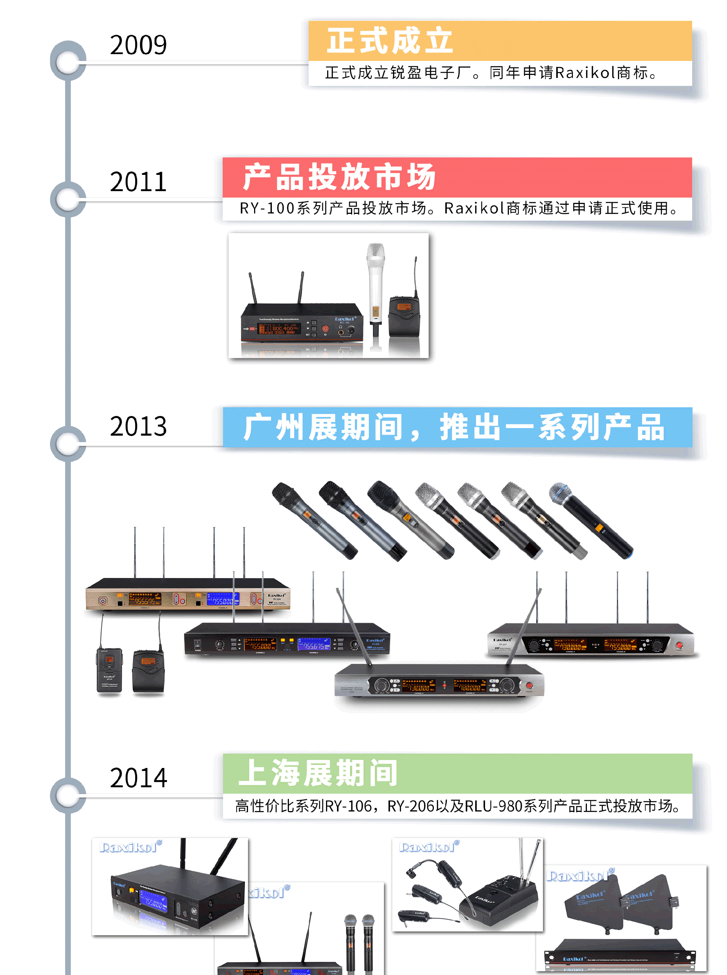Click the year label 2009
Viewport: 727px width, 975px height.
pos(138,45)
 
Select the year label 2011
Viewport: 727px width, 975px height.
pos(138,182)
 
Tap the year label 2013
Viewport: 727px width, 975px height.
pos(138,426)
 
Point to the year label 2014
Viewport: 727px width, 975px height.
pos(138,777)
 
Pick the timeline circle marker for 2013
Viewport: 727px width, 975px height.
pos(68,443)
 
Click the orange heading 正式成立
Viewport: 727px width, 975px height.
pos(390,40)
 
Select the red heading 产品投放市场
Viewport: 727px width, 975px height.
pos(339,177)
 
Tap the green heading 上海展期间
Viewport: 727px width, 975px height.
pos(318,773)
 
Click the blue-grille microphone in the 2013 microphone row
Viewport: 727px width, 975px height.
pos(590,519)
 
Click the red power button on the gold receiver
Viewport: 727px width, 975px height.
pos(103,601)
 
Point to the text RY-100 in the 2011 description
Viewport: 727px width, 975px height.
pos(267,208)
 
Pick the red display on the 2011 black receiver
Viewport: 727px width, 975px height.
pos(279,329)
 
